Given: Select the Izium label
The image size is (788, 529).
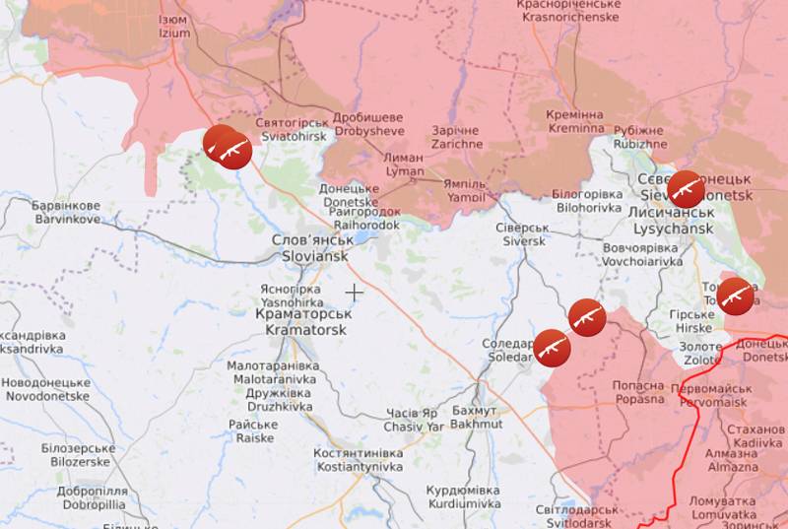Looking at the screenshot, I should [x=174, y=26].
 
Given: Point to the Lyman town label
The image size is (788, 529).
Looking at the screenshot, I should [x=404, y=165].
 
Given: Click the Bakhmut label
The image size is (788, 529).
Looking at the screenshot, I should [x=476, y=417].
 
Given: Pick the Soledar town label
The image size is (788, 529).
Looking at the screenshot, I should [x=507, y=350].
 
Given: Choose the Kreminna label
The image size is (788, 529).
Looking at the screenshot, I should [x=575, y=121].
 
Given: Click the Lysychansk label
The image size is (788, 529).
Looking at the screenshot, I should [x=673, y=221].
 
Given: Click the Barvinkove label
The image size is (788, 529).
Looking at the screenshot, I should [x=66, y=213].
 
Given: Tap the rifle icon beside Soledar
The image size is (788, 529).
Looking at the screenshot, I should [x=552, y=347].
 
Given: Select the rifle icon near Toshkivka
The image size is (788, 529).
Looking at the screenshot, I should [x=735, y=295].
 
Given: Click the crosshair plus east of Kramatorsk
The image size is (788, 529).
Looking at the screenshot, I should [x=354, y=292].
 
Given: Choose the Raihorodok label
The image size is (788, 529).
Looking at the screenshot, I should [x=360, y=218].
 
